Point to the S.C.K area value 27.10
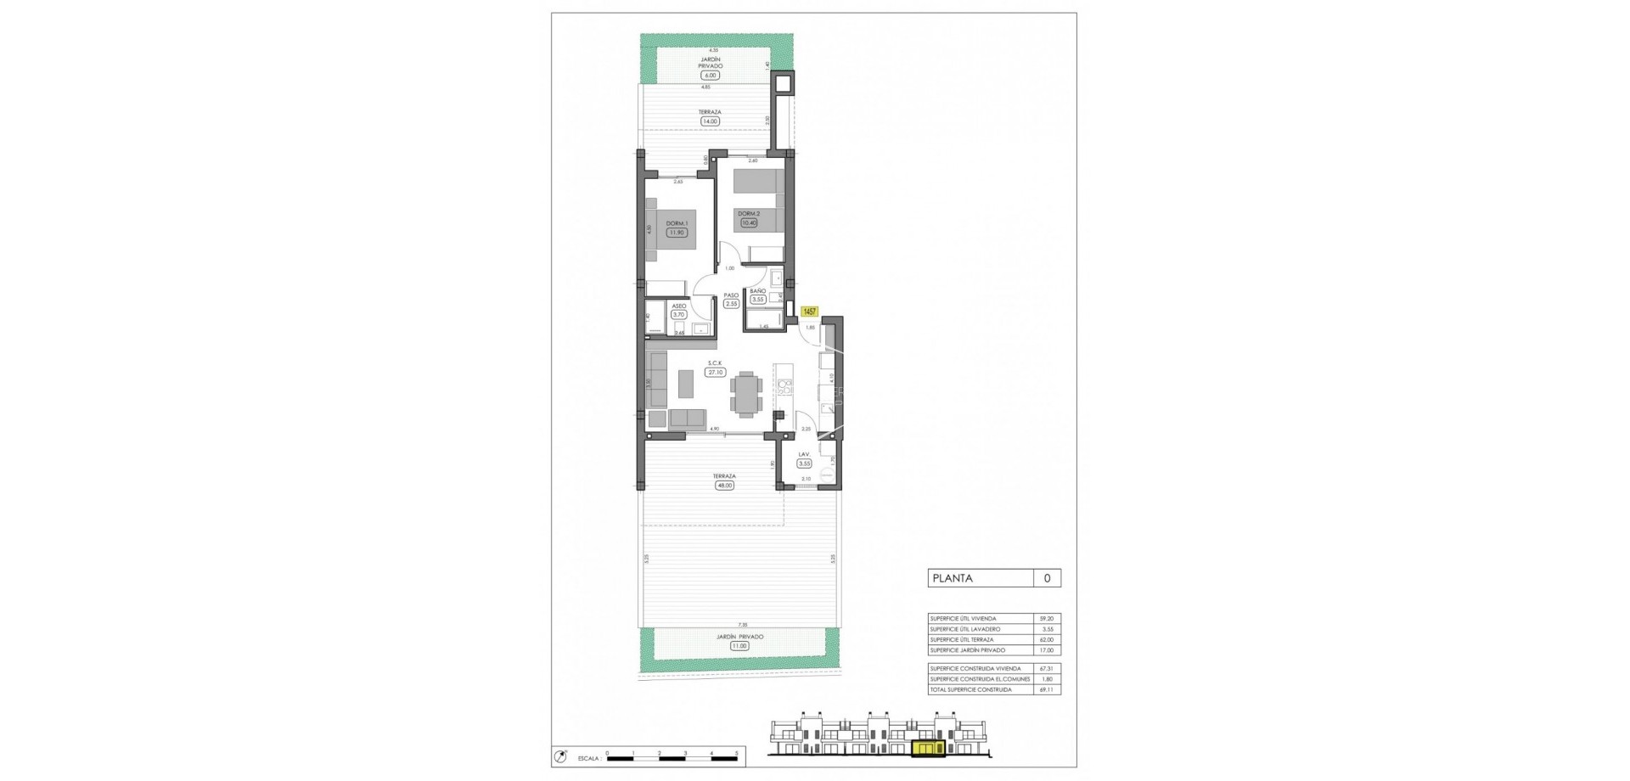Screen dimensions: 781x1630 coord(715,372)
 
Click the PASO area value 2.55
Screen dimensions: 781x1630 coord(731,303)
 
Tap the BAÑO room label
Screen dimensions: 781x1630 coord(758,290)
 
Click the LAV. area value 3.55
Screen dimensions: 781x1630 coord(804,464)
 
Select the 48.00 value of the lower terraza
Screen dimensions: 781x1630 coord(724,486)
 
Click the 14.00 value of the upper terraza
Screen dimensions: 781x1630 coord(710,121)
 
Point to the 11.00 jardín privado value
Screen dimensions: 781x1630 coord(739,646)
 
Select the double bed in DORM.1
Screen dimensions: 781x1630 coord(670,233)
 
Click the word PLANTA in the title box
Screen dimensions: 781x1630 coord(953,578)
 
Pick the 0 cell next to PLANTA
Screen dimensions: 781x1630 coord(1047,578)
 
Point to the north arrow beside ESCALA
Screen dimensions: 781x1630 coord(561,755)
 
